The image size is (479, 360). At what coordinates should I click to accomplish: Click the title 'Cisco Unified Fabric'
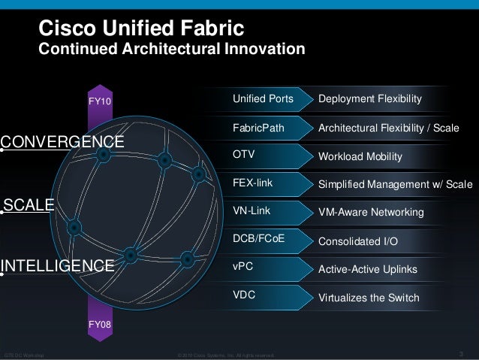point(141,29)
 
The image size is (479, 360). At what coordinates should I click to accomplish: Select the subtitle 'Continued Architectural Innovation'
point(171,50)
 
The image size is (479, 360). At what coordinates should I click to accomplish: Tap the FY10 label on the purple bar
point(100,100)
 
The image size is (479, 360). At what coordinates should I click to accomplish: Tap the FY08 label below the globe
point(100,325)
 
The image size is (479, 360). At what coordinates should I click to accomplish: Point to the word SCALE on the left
point(29,204)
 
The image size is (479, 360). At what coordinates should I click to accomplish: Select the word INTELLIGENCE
point(58,265)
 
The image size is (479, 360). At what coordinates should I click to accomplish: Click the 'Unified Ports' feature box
point(267,99)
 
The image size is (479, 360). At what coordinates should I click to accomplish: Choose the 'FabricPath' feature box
point(267,128)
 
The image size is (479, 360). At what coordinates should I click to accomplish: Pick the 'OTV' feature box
point(267,156)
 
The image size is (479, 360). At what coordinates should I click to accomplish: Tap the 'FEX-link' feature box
point(267,184)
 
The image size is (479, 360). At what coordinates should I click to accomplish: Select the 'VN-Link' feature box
point(267,212)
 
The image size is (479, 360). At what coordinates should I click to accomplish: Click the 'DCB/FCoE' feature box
point(267,241)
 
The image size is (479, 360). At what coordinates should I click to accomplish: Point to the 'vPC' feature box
point(267,268)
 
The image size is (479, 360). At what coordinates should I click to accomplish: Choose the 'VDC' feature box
point(267,296)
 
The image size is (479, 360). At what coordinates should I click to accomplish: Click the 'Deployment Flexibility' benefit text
point(370,99)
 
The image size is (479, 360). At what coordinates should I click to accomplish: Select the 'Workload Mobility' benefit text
point(360,157)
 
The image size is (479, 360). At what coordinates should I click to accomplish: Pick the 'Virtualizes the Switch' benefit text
point(369,298)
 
